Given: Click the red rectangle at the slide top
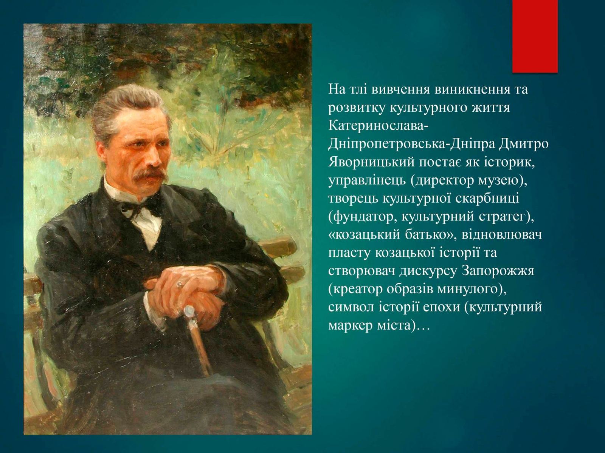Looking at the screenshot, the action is pyautogui.click(x=535, y=36).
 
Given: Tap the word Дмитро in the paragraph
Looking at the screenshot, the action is pyautogui.click(x=527, y=144).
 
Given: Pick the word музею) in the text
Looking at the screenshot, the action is pyautogui.click(x=501, y=181).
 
